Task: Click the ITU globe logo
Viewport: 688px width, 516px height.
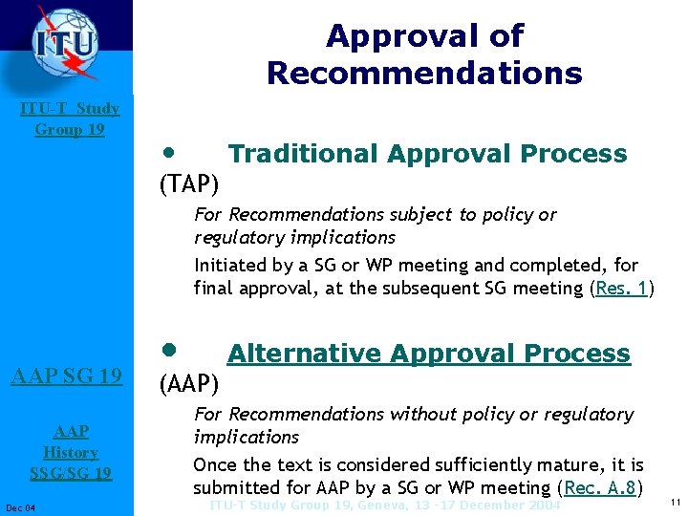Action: coord(65,42)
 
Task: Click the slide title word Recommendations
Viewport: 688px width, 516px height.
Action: coord(424,74)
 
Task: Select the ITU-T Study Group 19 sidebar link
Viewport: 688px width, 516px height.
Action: coord(70,118)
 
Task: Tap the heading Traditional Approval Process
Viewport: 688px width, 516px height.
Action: coord(427,154)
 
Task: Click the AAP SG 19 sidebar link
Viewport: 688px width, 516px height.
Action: coord(66,376)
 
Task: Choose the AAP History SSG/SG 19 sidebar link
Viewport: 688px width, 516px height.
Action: coord(70,452)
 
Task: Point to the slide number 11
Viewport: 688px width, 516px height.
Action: coord(675,503)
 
